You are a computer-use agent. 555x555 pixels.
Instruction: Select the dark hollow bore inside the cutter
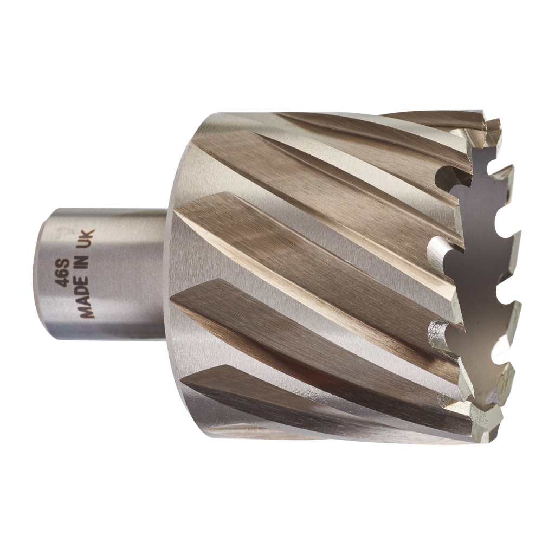tap(477, 260)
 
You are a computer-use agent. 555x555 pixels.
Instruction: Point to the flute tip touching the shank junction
tap(173, 298)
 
